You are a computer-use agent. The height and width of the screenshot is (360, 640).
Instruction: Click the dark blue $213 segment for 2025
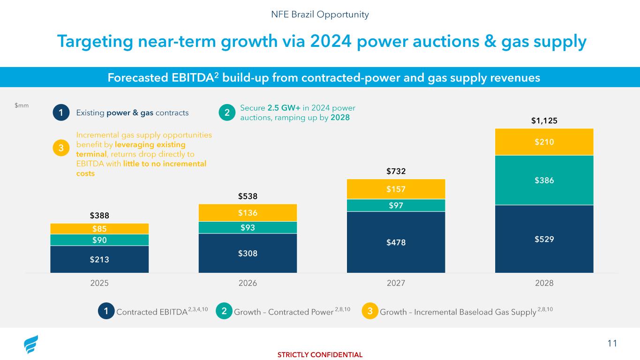pyautogui.click(x=99, y=259)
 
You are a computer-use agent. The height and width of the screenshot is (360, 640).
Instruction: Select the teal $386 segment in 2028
pyautogui.click(x=544, y=180)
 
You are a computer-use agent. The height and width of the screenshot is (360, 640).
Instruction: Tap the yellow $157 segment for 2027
pyautogui.click(x=396, y=189)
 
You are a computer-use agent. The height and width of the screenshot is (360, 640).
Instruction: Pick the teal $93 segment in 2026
pyautogui.click(x=248, y=227)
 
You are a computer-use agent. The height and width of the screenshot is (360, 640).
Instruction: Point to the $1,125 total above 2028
pyautogui.click(x=544, y=120)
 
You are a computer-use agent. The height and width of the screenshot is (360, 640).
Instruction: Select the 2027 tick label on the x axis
pyautogui.click(x=396, y=283)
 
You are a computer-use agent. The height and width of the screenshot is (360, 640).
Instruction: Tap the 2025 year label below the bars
pyautogui.click(x=99, y=283)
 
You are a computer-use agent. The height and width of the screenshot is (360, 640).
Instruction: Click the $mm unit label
pyautogui.click(x=22, y=105)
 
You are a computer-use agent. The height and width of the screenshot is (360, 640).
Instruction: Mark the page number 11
pyautogui.click(x=612, y=344)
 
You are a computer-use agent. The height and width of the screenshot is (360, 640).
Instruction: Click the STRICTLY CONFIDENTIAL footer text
pyautogui.click(x=320, y=355)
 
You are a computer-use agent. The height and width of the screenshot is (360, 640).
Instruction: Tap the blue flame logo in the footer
pyautogui.click(x=31, y=345)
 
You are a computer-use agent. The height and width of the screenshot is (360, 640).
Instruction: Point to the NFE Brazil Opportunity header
pyautogui.click(x=320, y=15)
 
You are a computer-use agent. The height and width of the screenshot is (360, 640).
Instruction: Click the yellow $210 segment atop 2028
pyautogui.click(x=544, y=142)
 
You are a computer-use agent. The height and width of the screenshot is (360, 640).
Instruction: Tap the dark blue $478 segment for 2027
pyautogui.click(x=396, y=242)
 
